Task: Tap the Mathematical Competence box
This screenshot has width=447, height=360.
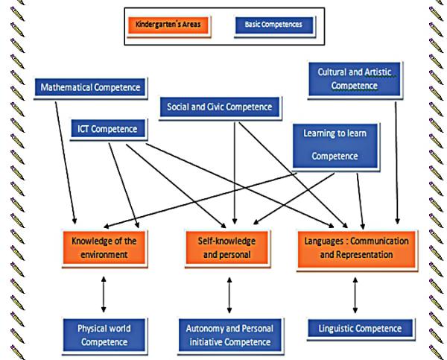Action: pyautogui.click(x=89, y=88)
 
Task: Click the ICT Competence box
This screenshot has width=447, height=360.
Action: pyautogui.click(x=108, y=129)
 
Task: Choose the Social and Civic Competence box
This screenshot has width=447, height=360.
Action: pyautogui.click(x=220, y=107)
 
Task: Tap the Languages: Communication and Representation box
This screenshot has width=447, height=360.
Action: pyautogui.click(x=355, y=248)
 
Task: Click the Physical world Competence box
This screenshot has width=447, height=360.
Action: pyautogui.click(x=104, y=335)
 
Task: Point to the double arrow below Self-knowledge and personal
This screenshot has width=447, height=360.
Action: pyautogui.click(x=229, y=294)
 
